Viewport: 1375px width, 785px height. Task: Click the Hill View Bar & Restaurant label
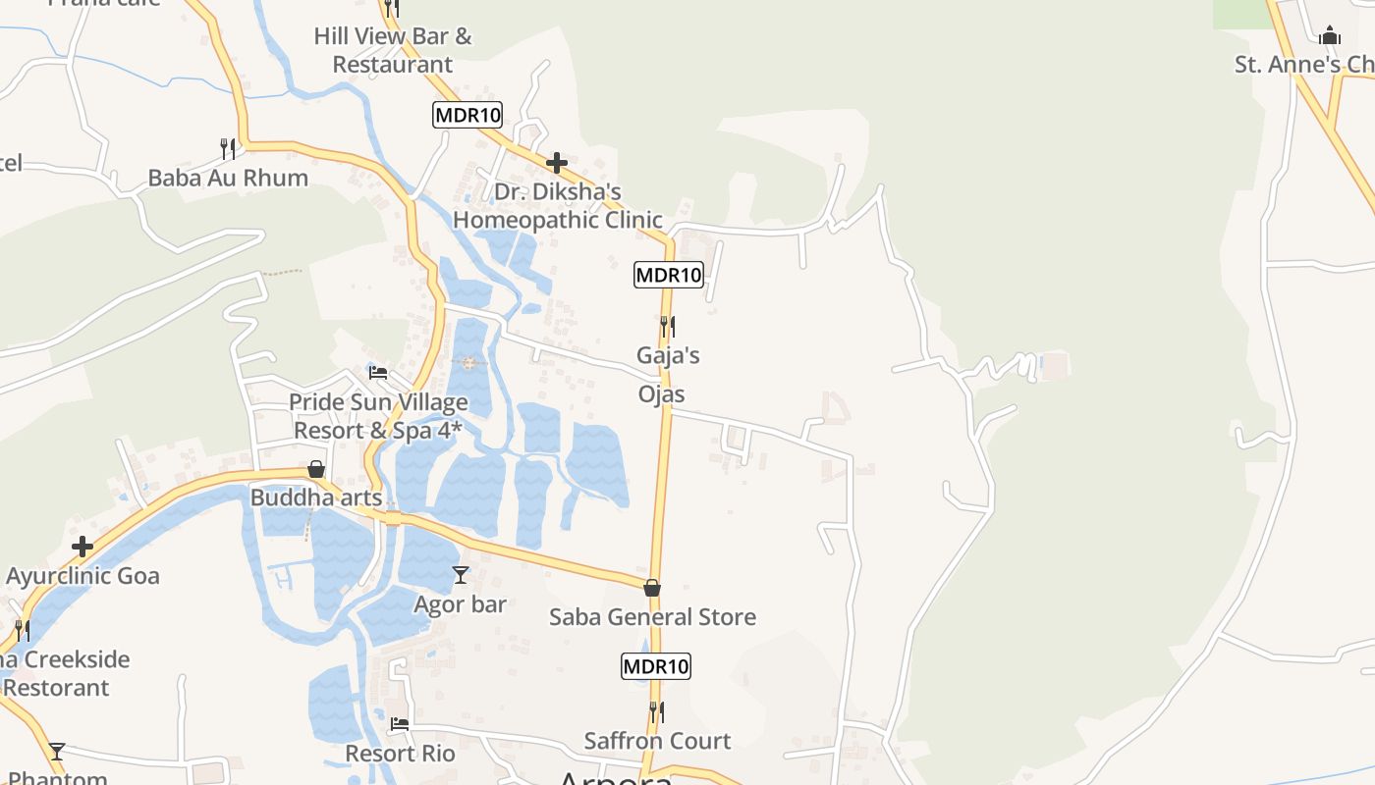[x=393, y=50]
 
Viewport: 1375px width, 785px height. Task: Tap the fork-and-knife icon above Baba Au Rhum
[x=228, y=148]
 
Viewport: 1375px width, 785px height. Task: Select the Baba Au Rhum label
[x=228, y=178]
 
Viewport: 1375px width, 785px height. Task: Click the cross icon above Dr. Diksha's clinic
[x=557, y=162]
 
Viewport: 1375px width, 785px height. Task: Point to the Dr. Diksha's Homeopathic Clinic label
[x=558, y=205]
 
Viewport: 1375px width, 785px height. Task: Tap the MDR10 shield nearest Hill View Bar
[x=467, y=115]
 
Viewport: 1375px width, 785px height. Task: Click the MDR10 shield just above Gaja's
[x=669, y=275]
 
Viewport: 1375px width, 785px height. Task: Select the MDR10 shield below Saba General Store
[x=656, y=666]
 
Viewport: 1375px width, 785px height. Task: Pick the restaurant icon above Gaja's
[x=668, y=326]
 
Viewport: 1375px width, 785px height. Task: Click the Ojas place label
[x=662, y=394]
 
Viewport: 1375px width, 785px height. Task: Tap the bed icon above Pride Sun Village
[x=378, y=372]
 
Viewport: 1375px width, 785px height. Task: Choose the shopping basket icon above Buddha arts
[x=316, y=469]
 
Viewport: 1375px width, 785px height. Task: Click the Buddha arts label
[x=316, y=497]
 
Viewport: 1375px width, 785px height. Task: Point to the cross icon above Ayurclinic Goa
[x=82, y=547]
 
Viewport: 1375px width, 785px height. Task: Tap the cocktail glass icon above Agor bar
[x=461, y=574]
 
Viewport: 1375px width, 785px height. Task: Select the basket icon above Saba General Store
[x=652, y=588]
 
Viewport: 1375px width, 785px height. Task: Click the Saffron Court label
[x=657, y=741]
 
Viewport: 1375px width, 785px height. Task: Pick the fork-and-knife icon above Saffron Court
[x=656, y=711]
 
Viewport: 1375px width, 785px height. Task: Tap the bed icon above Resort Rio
[x=400, y=725]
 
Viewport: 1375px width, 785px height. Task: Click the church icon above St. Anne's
[x=1330, y=36]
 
